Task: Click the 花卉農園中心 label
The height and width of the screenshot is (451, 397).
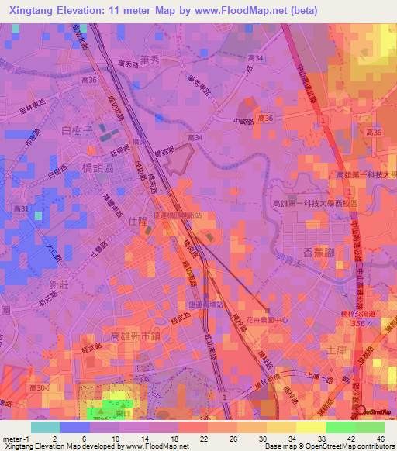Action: [x=267, y=318]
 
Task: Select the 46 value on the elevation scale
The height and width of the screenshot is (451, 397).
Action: [x=381, y=439]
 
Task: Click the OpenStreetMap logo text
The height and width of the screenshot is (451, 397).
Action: [x=376, y=411]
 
